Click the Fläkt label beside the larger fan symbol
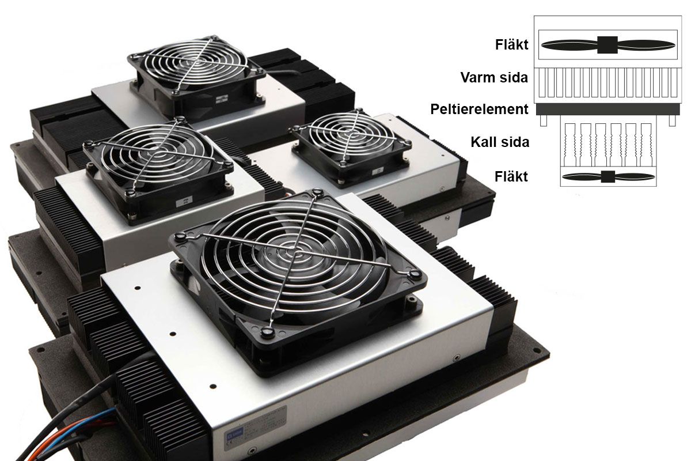pos(511,45)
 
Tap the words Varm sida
pos(494,77)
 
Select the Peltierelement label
pos(479,109)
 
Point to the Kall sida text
pos(500,142)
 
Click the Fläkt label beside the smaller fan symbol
pos(511,176)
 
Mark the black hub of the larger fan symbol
pos(608,45)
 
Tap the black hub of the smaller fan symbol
pos(608,176)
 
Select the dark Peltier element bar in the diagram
pos(608,109)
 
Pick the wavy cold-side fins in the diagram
pos(608,145)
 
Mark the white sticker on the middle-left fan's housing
pos(184,201)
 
